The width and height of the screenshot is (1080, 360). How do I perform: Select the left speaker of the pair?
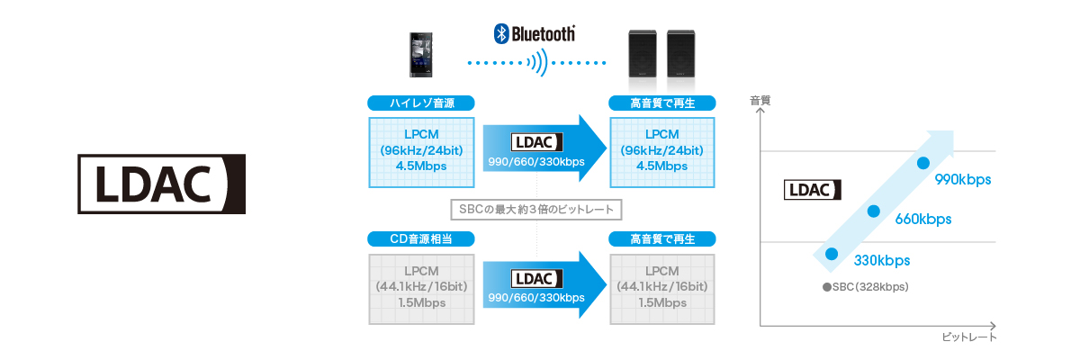(644, 55)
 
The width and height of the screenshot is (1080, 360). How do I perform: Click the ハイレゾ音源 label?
(420, 103)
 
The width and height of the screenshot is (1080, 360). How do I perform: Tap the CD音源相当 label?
(420, 239)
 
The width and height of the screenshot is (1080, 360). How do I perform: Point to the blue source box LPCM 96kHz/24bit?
(420, 151)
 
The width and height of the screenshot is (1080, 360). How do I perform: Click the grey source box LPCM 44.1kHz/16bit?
(420, 287)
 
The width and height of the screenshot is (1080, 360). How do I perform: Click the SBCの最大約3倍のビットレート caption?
(537, 210)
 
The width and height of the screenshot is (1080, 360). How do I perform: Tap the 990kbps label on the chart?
(962, 179)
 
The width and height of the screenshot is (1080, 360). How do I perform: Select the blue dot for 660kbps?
(872, 211)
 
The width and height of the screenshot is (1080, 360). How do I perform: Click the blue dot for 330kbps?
(832, 254)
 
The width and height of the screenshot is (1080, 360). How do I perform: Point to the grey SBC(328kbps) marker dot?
(826, 287)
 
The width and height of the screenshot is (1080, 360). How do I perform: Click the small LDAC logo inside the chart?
(814, 190)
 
